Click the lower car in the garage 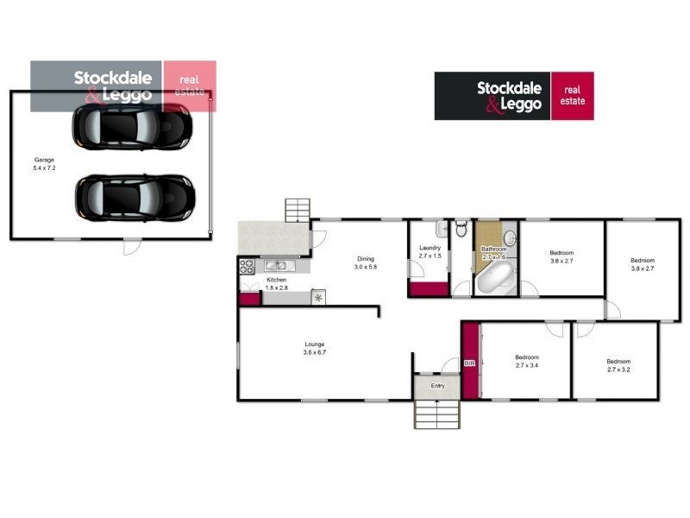[134, 197]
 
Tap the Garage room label [45, 164]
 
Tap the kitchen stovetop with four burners [246, 267]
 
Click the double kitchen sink [278, 266]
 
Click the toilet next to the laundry [461, 230]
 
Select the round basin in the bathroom [509, 238]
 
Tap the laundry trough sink [441, 230]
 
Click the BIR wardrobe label [470, 363]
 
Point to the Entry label [438, 386]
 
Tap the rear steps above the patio [298, 210]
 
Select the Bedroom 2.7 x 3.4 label [526, 361]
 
